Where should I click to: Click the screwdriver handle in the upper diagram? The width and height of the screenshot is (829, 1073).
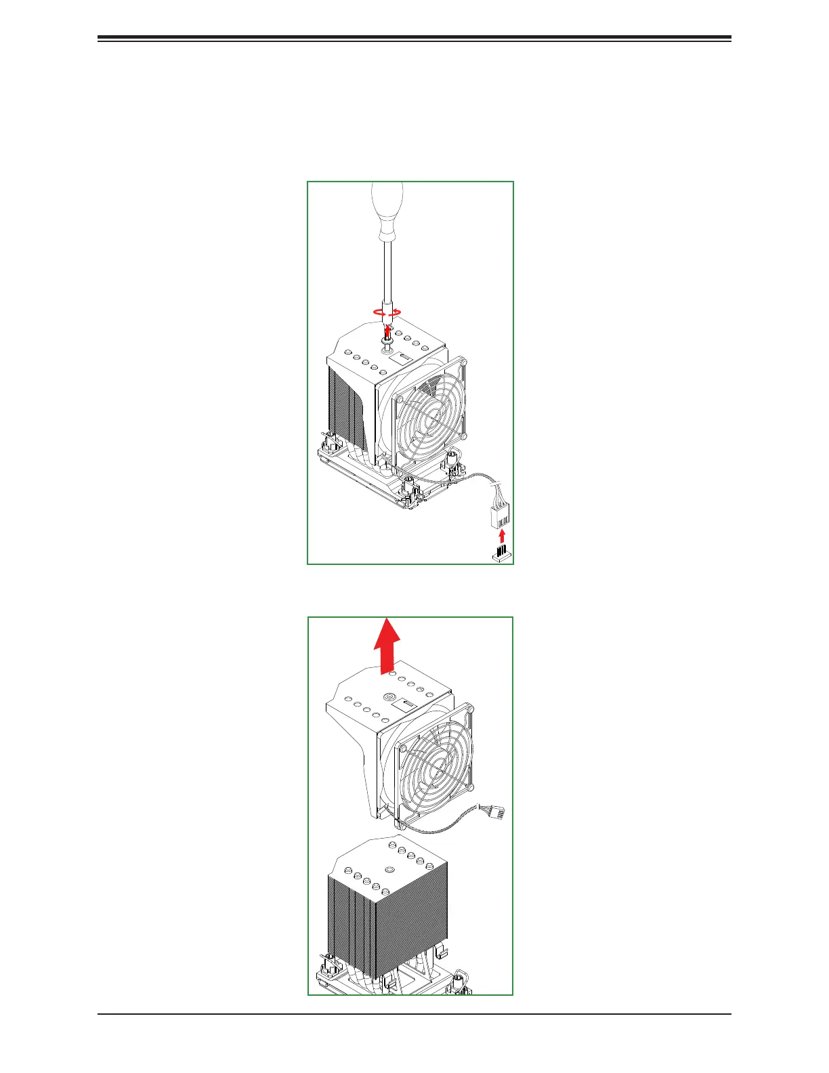click(388, 210)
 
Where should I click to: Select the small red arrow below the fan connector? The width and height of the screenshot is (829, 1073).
click(501, 537)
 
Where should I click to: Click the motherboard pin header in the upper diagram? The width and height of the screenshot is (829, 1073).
click(501, 554)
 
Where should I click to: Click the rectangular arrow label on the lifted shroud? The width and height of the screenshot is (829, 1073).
click(406, 705)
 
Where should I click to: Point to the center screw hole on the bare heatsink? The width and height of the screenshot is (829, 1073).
click(389, 870)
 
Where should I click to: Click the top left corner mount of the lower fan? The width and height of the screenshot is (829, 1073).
click(404, 749)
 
